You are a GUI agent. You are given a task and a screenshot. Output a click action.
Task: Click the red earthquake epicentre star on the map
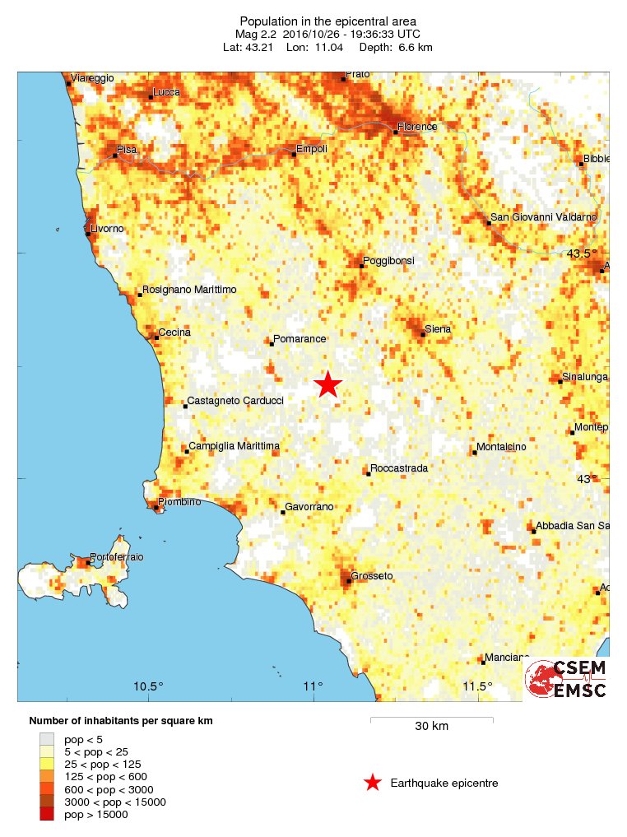(x=328, y=384)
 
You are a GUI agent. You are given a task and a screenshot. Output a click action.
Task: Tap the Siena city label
(x=437, y=329)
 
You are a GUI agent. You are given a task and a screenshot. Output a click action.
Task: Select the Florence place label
(x=417, y=127)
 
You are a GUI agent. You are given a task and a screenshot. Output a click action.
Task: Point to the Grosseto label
(x=372, y=575)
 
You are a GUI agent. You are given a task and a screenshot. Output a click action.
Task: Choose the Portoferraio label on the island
(x=116, y=557)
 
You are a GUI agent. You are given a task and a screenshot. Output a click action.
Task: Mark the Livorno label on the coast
(x=107, y=228)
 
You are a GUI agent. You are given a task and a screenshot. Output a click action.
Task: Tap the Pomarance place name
(x=300, y=338)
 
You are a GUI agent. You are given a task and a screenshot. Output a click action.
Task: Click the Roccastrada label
(x=399, y=468)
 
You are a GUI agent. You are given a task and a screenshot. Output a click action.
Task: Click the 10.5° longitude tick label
(x=149, y=687)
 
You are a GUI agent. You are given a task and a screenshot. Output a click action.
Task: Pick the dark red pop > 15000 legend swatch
(x=47, y=815)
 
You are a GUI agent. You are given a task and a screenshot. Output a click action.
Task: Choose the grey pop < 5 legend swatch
(x=47, y=739)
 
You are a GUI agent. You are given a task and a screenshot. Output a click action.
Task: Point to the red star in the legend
(x=373, y=783)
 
